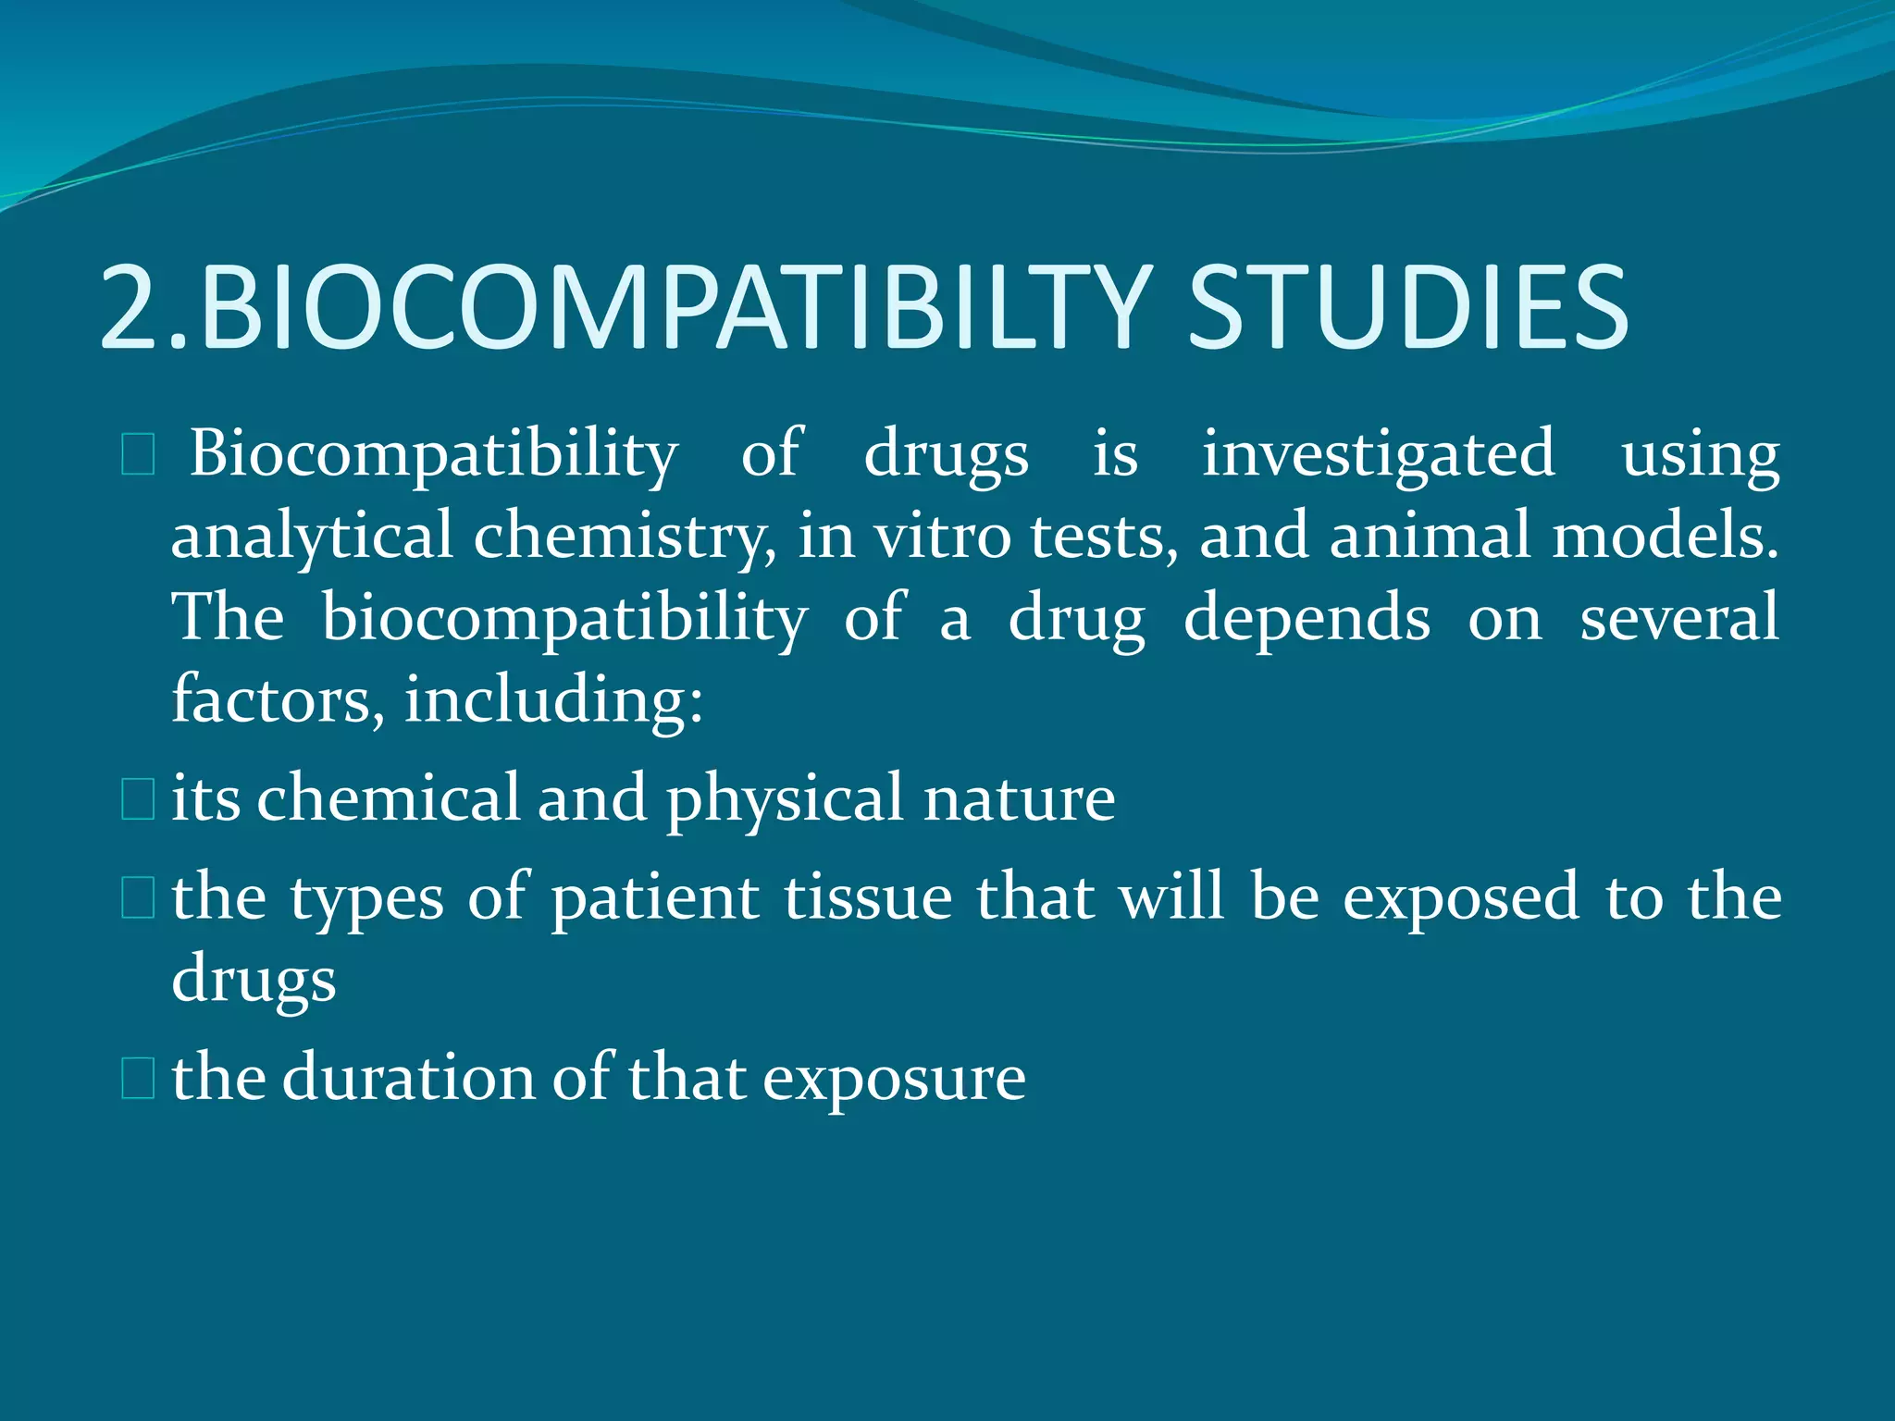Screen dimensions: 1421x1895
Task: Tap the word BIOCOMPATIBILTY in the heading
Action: (x=675, y=307)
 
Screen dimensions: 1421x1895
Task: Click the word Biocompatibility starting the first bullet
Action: (x=434, y=455)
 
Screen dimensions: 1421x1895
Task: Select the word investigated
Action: (x=1378, y=455)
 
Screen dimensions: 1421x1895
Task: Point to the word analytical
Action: (x=312, y=537)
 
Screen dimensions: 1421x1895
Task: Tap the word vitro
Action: (x=943, y=537)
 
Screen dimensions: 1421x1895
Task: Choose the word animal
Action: (x=1430, y=537)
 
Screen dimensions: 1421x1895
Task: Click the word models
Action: (x=1665, y=537)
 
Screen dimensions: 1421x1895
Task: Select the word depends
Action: (x=1307, y=618)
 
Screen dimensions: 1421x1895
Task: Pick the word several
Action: (x=1678, y=618)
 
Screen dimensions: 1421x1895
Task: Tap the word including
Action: (x=553, y=699)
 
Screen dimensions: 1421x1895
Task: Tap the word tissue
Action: (x=868, y=897)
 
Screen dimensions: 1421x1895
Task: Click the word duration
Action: (x=408, y=1079)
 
